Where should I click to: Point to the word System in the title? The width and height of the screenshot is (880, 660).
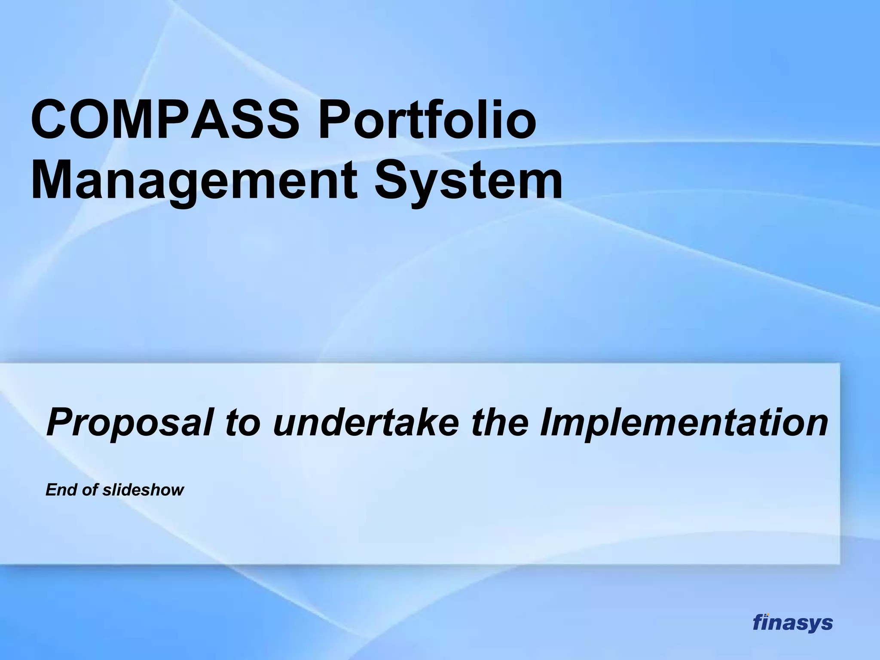pos(468,180)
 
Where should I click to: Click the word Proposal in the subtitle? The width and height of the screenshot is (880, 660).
pos(129,422)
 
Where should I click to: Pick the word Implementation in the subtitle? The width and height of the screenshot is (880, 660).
pos(683,422)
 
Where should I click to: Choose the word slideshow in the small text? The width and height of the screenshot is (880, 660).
pos(143,490)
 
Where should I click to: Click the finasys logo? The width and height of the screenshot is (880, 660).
pos(792,622)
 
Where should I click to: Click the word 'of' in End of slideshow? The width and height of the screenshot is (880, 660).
pos(90,490)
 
